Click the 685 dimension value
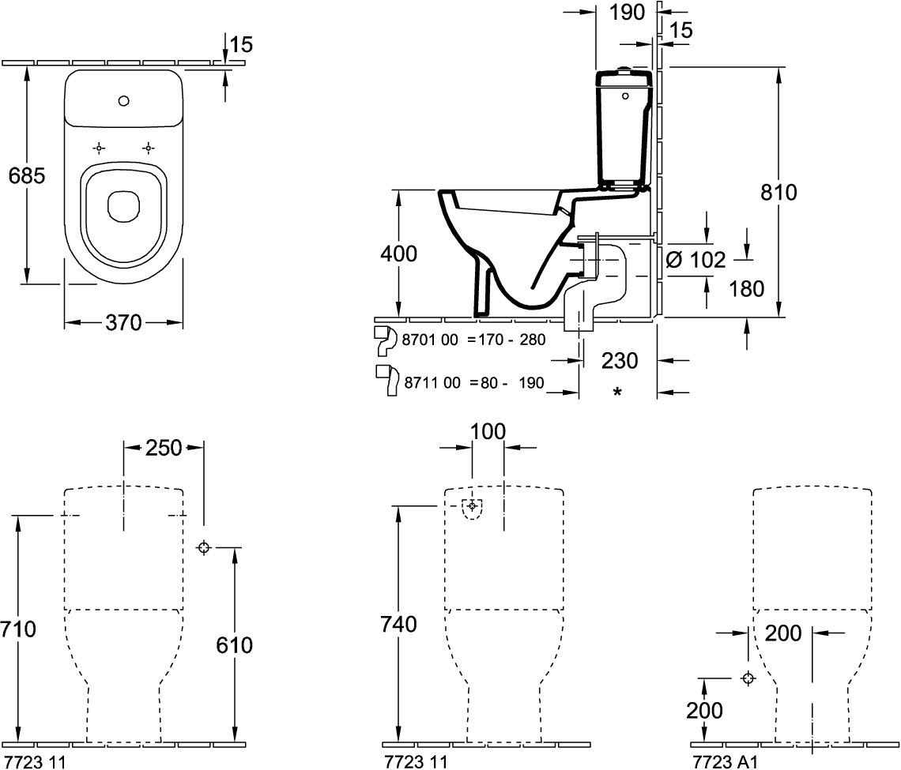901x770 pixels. (x=27, y=175)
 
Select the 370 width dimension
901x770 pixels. (x=123, y=323)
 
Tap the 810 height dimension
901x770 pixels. (x=778, y=193)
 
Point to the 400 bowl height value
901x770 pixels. (x=399, y=254)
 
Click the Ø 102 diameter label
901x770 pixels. (x=696, y=260)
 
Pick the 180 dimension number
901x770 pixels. (x=746, y=289)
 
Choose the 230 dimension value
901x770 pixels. (x=620, y=361)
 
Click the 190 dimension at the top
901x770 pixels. (x=627, y=12)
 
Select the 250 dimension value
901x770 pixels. (x=163, y=447)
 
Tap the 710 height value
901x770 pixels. (x=18, y=629)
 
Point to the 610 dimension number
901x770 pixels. (x=235, y=645)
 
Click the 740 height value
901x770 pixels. (x=399, y=624)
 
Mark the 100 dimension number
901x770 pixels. (x=488, y=431)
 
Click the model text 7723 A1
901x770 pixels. (x=726, y=762)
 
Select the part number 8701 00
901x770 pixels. (x=430, y=340)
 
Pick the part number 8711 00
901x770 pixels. (x=432, y=382)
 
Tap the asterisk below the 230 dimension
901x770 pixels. (x=618, y=393)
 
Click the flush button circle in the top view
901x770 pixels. (x=123, y=102)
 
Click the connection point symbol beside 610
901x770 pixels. (x=203, y=547)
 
